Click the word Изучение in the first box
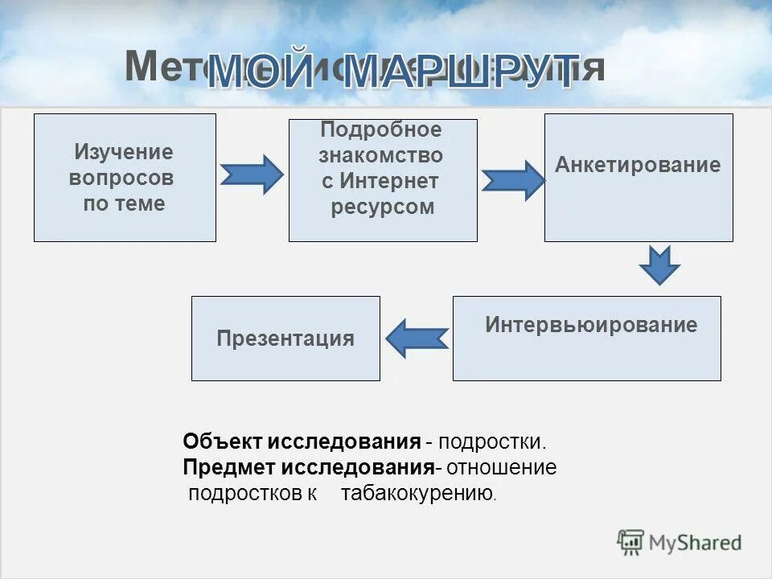(124, 152)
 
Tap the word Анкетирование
(638, 166)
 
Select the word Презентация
(285, 339)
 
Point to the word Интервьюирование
(591, 326)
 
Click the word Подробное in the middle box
(381, 130)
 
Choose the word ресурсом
(383, 207)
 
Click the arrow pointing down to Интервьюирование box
(660, 265)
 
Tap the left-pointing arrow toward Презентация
(417, 339)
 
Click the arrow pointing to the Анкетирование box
(513, 180)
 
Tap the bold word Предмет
(228, 467)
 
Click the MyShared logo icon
(630, 542)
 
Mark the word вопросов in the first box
(121, 178)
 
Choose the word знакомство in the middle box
(380, 155)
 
